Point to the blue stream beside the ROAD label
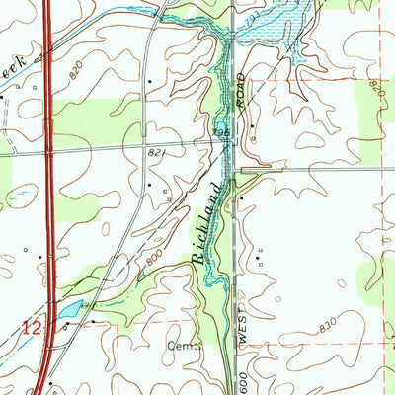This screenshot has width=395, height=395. (x=230, y=89)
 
